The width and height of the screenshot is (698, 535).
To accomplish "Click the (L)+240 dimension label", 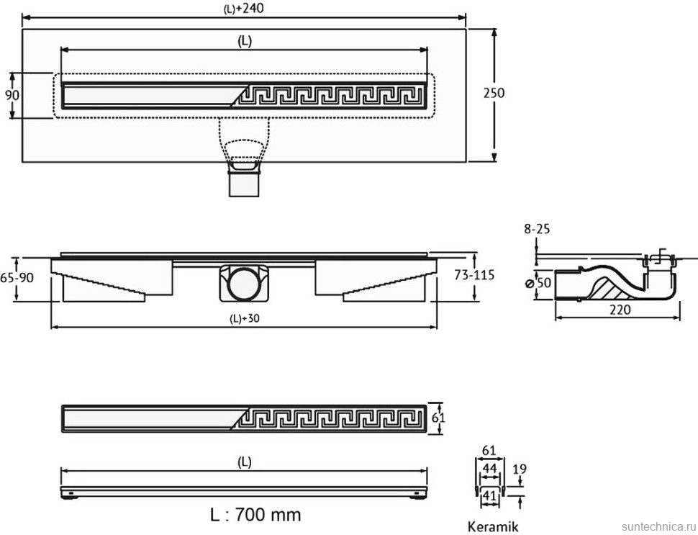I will pyautogui.click(x=245, y=8).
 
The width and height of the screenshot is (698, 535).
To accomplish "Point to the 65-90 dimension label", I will pyautogui.click(x=16, y=277).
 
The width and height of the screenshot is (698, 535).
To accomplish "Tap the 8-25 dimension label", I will pyautogui.click(x=536, y=229).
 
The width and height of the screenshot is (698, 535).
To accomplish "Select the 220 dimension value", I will pyautogui.click(x=620, y=310).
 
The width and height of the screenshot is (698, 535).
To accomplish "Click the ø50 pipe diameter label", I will pyautogui.click(x=538, y=283).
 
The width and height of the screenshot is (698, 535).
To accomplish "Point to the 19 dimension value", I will pyautogui.click(x=520, y=469).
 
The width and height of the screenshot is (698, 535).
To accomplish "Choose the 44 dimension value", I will pyautogui.click(x=489, y=469).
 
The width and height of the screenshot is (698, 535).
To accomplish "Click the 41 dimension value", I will pyautogui.click(x=489, y=495).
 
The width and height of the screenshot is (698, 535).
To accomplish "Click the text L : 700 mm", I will pyautogui.click(x=255, y=514).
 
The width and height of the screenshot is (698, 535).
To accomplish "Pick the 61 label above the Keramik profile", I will pyautogui.click(x=489, y=451).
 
